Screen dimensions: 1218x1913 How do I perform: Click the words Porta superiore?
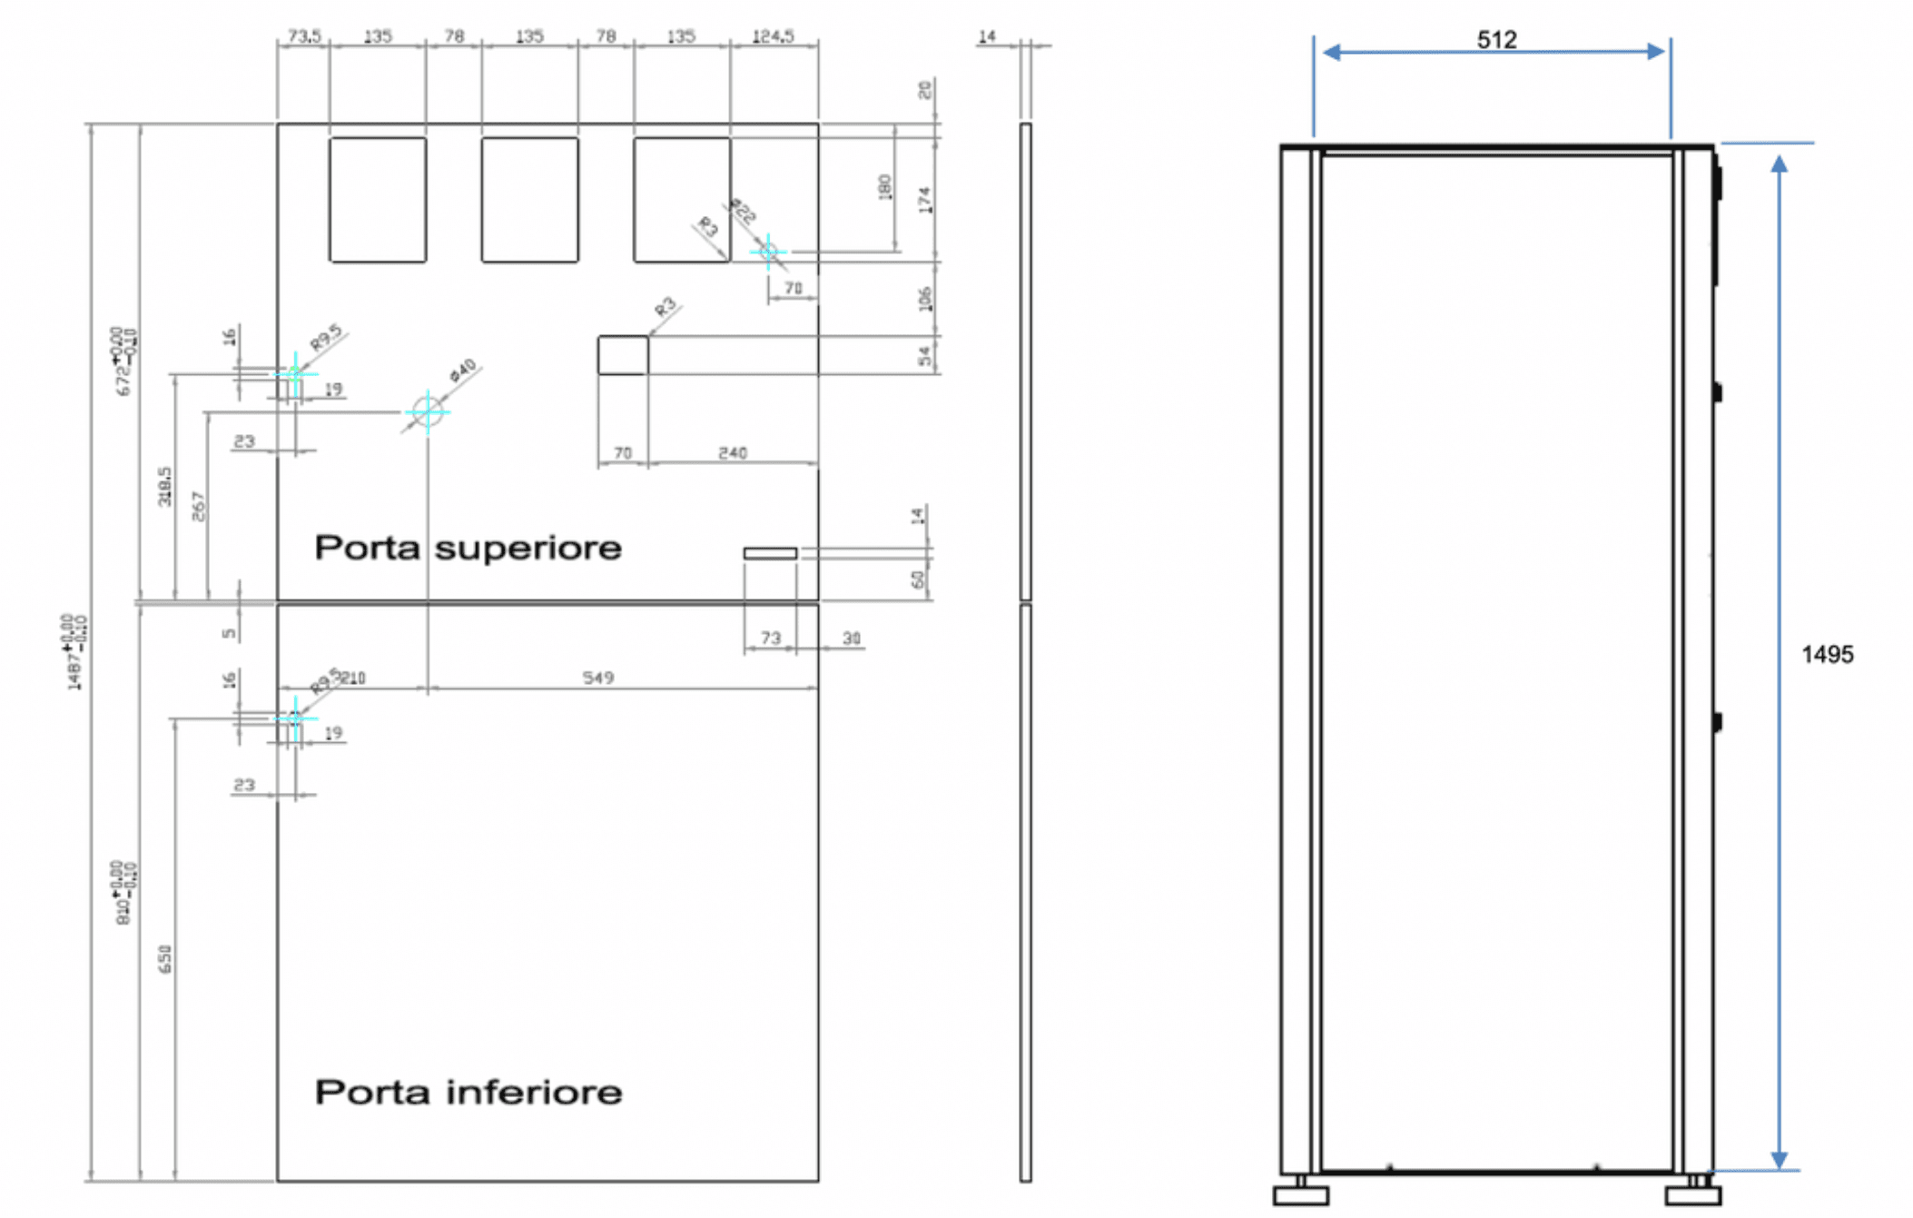[x=468, y=548]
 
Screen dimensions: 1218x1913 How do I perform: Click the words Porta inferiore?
[x=468, y=1092]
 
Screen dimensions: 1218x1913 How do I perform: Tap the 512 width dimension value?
[x=1495, y=39]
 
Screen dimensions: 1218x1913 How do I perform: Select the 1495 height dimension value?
[x=1827, y=654]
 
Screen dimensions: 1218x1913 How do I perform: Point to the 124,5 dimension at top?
[x=773, y=36]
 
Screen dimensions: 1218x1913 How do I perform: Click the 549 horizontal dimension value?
[x=597, y=678]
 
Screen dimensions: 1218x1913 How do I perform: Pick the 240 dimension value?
[x=732, y=452]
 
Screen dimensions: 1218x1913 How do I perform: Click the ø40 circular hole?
[x=428, y=411]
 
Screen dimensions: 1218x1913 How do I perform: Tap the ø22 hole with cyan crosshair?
[x=768, y=251]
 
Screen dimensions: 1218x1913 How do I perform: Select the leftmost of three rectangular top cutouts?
[x=378, y=200]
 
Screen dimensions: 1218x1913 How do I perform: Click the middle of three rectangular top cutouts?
[x=529, y=200]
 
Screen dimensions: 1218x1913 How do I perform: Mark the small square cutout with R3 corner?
[x=623, y=355]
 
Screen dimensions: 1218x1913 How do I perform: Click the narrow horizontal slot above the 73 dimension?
[x=770, y=553]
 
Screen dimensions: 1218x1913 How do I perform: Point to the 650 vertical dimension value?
[x=164, y=959]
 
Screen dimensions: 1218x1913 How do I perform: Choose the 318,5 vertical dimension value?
[x=164, y=486]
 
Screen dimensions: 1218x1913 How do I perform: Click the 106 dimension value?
[x=925, y=299]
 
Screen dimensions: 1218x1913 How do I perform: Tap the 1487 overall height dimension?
[x=74, y=652]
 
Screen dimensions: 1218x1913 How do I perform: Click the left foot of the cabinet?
[x=1300, y=1195]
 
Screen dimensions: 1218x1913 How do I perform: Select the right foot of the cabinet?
[x=1692, y=1195]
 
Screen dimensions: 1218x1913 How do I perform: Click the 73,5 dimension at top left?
[x=304, y=36]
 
